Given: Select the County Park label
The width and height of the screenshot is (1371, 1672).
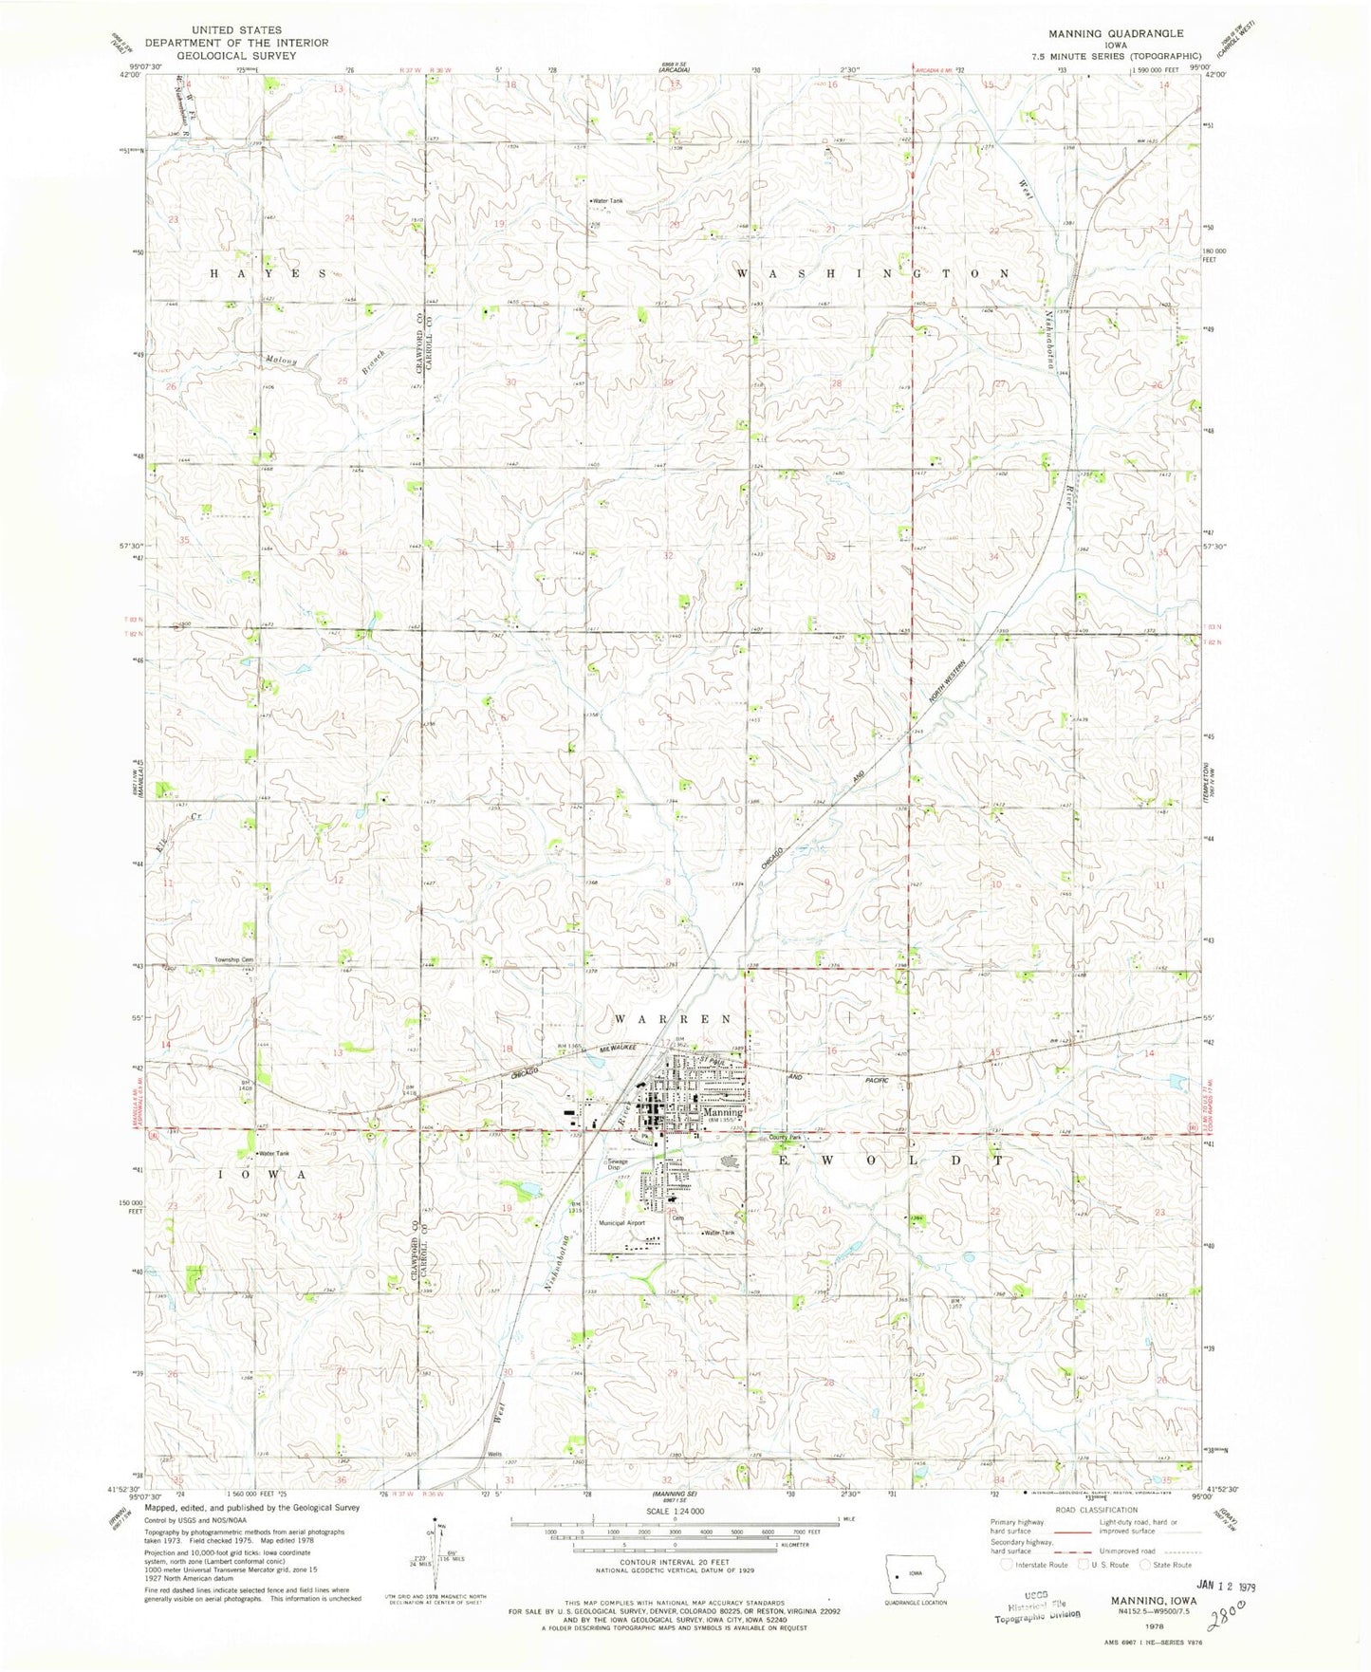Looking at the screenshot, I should point(786,1138).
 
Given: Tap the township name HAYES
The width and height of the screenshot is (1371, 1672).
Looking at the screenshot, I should point(267,273).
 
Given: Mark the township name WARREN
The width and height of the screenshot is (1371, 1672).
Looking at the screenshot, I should point(674,1018).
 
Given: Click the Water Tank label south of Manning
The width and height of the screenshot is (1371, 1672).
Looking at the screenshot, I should point(718,1233).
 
